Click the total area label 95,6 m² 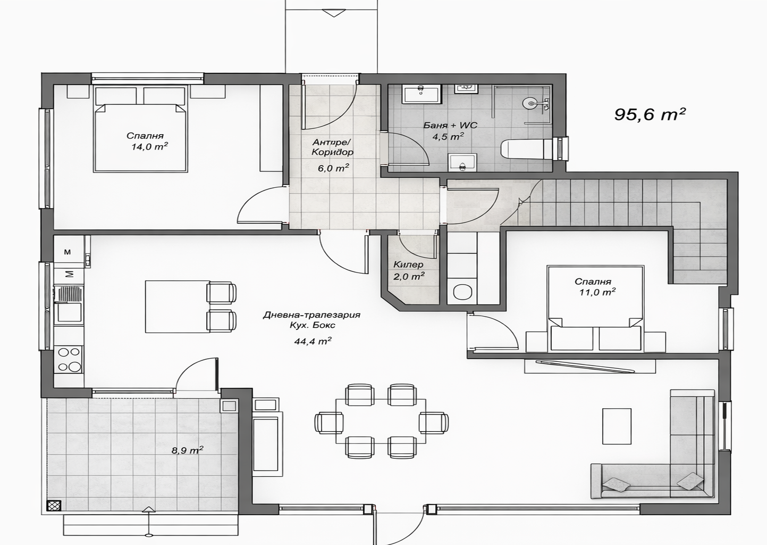click(x=650, y=114)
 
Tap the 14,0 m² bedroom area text click(x=150, y=147)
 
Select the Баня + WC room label click(x=450, y=125)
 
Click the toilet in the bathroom click(x=527, y=149)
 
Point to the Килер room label click(x=408, y=265)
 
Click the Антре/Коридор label click(x=332, y=147)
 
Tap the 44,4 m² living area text click(x=313, y=341)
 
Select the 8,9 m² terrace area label click(x=187, y=450)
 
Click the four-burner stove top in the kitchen click(x=69, y=360)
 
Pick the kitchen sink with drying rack click(x=69, y=304)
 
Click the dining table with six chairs click(x=381, y=422)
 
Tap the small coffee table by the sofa click(x=617, y=426)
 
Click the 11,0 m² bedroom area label click(x=597, y=292)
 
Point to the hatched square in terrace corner click(x=54, y=506)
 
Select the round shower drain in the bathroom click(x=530, y=103)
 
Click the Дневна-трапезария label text click(x=311, y=315)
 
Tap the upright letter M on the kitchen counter click(x=68, y=252)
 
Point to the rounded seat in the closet click(x=462, y=292)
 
